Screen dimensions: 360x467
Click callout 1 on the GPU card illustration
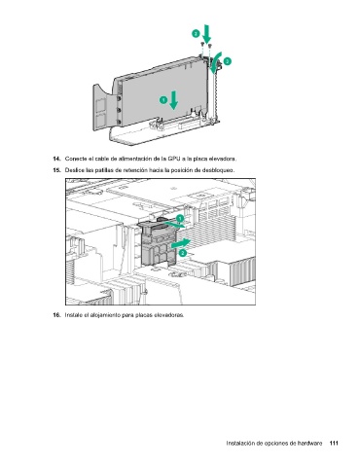pyautogui.click(x=163, y=100)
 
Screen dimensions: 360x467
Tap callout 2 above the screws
pyautogui.click(x=196, y=33)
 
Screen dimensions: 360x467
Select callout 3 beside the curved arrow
pyautogui.click(x=227, y=61)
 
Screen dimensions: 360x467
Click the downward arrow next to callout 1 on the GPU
pyautogui.click(x=174, y=100)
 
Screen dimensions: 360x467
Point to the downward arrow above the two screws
pyautogui.click(x=206, y=33)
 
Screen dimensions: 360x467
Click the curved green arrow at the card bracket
pyautogui.click(x=215, y=62)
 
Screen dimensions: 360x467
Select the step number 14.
pyautogui.click(x=56, y=159)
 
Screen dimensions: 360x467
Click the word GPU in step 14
pyautogui.click(x=172, y=159)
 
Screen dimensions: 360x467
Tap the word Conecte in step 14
pyautogui.click(x=76, y=159)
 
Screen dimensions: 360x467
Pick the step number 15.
pyautogui.click(x=56, y=170)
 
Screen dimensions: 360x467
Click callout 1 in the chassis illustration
pyautogui.click(x=179, y=218)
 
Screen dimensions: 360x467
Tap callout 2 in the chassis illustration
pyautogui.click(x=183, y=253)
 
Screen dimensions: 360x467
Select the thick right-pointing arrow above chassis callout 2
pyautogui.click(x=180, y=243)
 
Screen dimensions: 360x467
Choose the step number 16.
pyautogui.click(x=56, y=315)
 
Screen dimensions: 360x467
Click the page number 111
pyautogui.click(x=334, y=443)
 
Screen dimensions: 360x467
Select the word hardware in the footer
pyautogui.click(x=310, y=443)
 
